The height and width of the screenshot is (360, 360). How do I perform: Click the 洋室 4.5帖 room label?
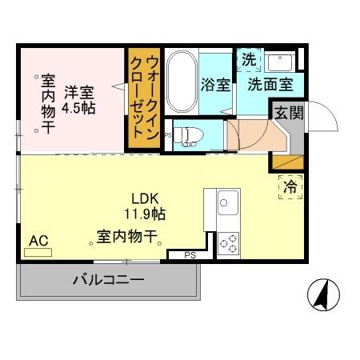click(79, 98)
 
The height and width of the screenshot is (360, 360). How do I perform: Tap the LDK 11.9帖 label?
click(144, 206)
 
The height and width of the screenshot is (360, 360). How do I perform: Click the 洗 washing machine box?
click(248, 59)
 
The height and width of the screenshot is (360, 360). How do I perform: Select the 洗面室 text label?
click(269, 84)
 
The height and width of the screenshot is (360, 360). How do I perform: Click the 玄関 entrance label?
click(290, 113)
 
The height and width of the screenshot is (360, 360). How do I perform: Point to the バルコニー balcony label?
click(108, 281)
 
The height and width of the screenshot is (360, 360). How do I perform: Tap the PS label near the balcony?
click(190, 255)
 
